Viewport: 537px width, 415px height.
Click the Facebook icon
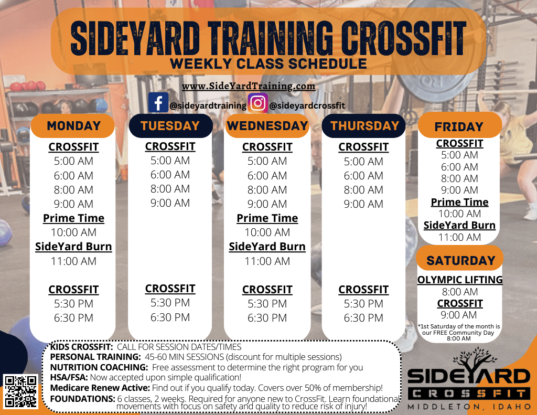[x=158, y=102]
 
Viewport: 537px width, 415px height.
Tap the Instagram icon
[x=258, y=103]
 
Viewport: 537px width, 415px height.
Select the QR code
[x=20, y=391]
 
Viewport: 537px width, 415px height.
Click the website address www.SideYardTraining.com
[x=248, y=86]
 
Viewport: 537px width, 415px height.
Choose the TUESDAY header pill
[x=170, y=126]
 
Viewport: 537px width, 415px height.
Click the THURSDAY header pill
[x=364, y=126]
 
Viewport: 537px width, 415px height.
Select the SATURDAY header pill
[x=460, y=260]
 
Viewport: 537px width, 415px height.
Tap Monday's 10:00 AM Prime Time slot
[x=73, y=232]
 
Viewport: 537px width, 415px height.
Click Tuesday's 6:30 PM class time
[x=170, y=317]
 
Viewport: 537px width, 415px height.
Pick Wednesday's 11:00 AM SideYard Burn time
[x=267, y=261]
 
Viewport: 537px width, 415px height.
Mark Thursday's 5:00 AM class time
[x=363, y=162]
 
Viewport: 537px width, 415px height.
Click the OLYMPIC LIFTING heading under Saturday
[x=460, y=280]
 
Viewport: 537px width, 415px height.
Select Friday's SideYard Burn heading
[x=459, y=225]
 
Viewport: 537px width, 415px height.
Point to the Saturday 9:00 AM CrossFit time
[x=458, y=315]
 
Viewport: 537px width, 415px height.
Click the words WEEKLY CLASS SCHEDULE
[x=268, y=63]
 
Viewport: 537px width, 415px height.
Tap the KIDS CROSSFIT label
[x=81, y=347]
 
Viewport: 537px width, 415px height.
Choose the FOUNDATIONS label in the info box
[x=82, y=399]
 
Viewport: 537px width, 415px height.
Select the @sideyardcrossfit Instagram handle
[x=307, y=105]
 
